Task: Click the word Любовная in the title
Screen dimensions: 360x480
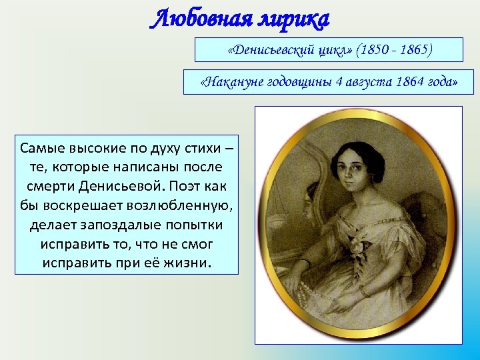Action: tap(194, 20)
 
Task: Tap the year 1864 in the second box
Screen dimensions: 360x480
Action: tap(409, 83)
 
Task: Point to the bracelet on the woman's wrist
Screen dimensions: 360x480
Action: tap(363, 291)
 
